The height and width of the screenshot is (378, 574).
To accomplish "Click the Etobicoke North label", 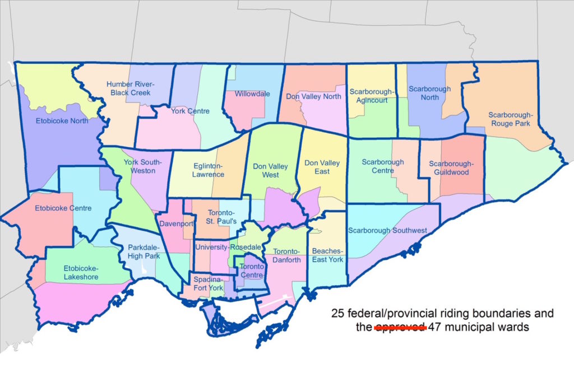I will click(63, 120).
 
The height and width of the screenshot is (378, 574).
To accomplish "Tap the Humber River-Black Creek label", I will click(130, 88).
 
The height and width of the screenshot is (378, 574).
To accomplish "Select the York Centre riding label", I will click(190, 111).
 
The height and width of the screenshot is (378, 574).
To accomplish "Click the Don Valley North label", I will click(313, 96).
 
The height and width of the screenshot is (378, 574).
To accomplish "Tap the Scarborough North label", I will click(429, 93).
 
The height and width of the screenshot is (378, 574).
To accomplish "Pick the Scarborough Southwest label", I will click(387, 230).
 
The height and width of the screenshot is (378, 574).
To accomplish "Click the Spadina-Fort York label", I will click(208, 283).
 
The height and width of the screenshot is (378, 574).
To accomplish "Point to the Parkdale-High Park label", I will click(143, 251).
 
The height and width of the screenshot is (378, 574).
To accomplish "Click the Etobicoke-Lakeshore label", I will click(81, 273).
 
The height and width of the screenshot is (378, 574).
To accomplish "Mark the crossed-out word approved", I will click(400, 327).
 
